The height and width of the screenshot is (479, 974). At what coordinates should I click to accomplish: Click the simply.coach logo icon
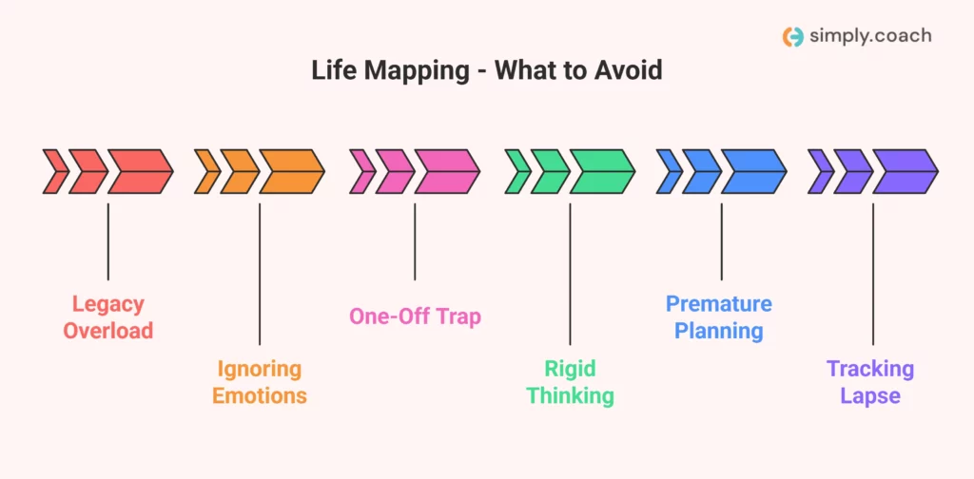[792, 36]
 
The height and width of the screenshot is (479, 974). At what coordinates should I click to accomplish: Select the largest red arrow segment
[139, 171]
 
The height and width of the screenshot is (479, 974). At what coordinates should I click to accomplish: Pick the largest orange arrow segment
[291, 171]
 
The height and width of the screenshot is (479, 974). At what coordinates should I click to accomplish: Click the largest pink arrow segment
[445, 171]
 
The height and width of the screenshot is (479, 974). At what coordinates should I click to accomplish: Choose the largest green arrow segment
[601, 171]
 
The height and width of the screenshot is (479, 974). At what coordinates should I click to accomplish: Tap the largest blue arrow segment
[752, 171]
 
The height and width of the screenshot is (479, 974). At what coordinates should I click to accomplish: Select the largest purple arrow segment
[905, 171]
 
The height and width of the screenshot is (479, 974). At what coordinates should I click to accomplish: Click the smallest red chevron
[55, 171]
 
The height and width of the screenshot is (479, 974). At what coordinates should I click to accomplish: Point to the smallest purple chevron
[820, 171]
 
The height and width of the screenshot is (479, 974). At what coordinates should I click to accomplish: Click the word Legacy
[108, 305]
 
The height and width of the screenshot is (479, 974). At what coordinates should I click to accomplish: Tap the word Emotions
[260, 395]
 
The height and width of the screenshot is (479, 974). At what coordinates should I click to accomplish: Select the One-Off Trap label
[415, 316]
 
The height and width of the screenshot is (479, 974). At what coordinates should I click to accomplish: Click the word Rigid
[570, 369]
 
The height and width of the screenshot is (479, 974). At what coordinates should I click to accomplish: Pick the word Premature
[719, 304]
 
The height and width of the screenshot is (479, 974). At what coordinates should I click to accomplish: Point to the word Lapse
[870, 395]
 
